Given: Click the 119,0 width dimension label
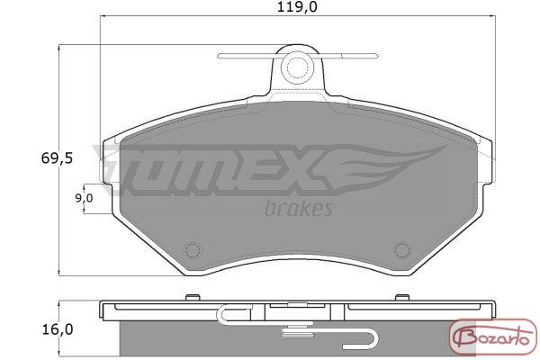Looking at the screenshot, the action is pyautogui.click(x=297, y=7).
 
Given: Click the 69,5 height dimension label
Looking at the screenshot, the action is pyautogui.click(x=57, y=158).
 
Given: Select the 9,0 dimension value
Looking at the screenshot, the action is pyautogui.click(x=85, y=198).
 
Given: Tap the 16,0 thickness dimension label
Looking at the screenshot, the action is pyautogui.click(x=58, y=330).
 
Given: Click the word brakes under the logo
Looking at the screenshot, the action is pyautogui.click(x=299, y=208).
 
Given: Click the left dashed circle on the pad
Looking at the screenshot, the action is pyautogui.click(x=193, y=250).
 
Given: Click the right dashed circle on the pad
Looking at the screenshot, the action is pyautogui.click(x=402, y=250).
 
